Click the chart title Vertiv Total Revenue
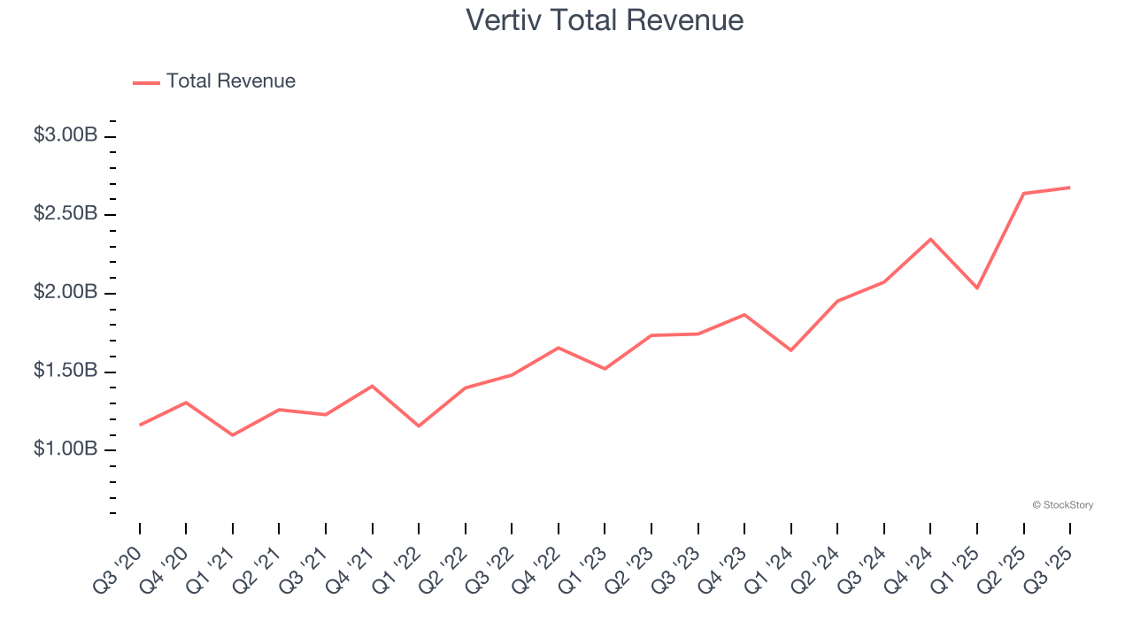pyautogui.click(x=605, y=19)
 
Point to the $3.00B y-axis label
pyautogui.click(x=66, y=135)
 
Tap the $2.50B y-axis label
pyautogui.click(x=66, y=214)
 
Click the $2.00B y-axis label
pyautogui.click(x=66, y=292)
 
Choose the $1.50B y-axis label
pyautogui.click(x=66, y=371)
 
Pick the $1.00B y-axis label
pyautogui.click(x=66, y=449)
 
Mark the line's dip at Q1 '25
pyautogui.click(x=977, y=288)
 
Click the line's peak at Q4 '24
pyautogui.click(x=930, y=239)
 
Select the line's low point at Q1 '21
pyautogui.click(x=233, y=435)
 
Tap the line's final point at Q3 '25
pyautogui.click(x=1070, y=188)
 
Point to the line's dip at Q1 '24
pyautogui.click(x=791, y=350)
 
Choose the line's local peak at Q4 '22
pyautogui.click(x=559, y=348)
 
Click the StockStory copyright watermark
pyautogui.click(x=1062, y=505)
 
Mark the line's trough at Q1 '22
pyautogui.click(x=419, y=426)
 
